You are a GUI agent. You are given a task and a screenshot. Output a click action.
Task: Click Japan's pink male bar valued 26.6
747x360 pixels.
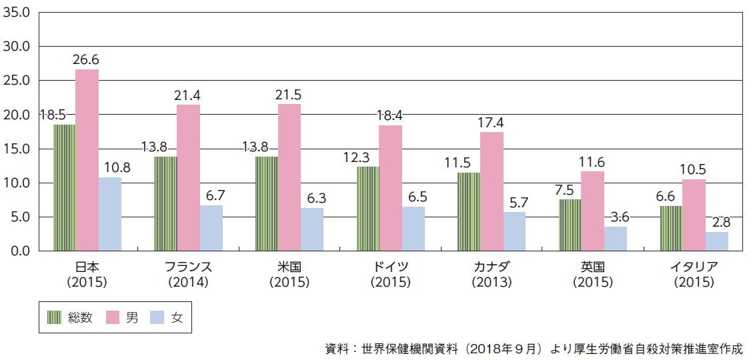point(87,160)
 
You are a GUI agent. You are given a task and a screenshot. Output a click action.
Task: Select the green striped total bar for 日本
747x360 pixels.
point(65,187)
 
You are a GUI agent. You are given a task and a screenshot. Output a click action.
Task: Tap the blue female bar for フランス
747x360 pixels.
point(211,227)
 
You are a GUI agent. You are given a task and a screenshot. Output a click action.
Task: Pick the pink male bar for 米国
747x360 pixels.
point(289,177)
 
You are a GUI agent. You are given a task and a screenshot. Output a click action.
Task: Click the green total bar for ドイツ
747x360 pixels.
point(367,209)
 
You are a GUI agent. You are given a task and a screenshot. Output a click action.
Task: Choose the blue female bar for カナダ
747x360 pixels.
point(514,231)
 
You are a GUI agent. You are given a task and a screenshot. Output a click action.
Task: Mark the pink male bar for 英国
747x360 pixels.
point(592,211)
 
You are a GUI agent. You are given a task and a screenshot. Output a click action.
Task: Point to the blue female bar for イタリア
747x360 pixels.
point(717,241)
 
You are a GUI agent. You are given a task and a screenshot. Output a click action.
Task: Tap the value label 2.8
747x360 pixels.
point(718,222)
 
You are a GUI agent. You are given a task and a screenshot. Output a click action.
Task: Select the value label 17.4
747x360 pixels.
point(491,123)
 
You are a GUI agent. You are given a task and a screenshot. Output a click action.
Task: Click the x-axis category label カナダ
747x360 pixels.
point(492,267)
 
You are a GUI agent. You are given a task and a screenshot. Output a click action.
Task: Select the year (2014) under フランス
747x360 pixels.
point(189,282)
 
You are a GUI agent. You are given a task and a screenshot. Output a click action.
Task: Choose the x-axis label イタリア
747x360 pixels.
point(694,267)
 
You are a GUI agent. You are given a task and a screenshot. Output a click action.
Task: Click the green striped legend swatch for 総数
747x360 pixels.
point(55,318)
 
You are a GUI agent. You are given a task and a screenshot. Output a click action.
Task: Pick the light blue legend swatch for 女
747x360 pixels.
point(157,318)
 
